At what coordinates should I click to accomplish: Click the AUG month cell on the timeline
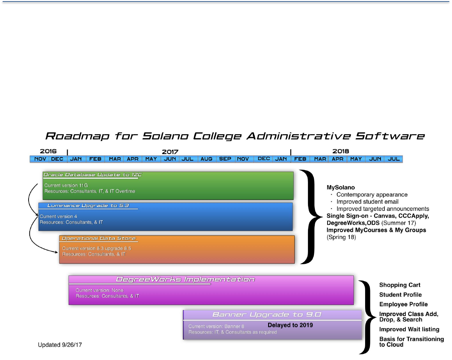206,159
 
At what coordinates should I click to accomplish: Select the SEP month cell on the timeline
225,159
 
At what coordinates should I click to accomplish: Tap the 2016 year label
48,151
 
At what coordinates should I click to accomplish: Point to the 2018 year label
341,151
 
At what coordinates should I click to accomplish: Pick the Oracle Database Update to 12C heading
93,175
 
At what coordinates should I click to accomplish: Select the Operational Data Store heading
99,239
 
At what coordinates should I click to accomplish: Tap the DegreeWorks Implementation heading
185,280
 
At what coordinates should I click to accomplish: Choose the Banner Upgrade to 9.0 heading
267,315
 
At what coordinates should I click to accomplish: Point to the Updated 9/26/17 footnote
60,345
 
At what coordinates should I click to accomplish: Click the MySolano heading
341,187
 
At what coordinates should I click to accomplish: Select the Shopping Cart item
400,285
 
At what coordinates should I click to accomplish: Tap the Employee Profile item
403,304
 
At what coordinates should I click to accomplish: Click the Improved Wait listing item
409,330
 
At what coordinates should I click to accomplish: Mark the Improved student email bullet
367,202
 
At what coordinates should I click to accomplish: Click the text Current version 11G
64,185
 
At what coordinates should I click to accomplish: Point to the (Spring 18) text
341,237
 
